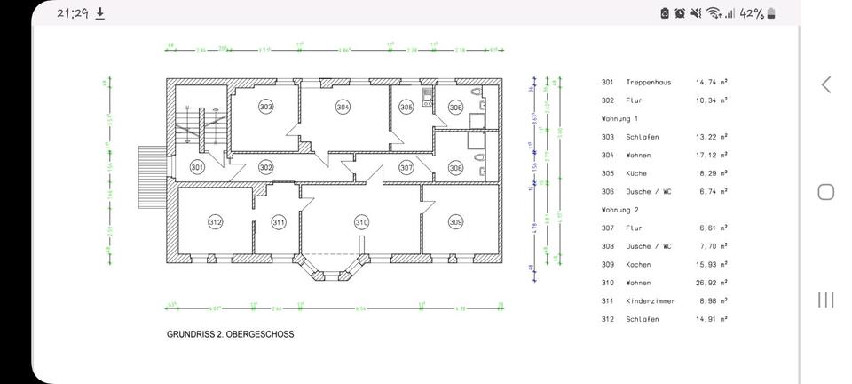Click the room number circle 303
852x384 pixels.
(x=265, y=107)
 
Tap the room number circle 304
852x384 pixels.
(x=343, y=107)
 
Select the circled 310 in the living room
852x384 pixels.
(x=361, y=221)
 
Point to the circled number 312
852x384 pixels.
(x=215, y=221)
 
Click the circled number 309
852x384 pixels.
(x=456, y=221)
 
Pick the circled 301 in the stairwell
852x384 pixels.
(x=197, y=166)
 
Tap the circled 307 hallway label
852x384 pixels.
(x=406, y=166)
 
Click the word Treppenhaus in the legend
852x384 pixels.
(x=648, y=83)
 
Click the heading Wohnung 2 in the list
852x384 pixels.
(x=619, y=210)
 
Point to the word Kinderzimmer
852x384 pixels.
(x=651, y=300)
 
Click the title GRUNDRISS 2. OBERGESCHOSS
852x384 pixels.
(x=230, y=335)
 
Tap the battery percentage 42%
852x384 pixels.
(x=754, y=13)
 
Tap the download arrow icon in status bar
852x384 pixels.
(x=99, y=13)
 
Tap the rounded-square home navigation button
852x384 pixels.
(x=825, y=192)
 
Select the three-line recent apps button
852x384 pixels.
(x=825, y=300)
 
